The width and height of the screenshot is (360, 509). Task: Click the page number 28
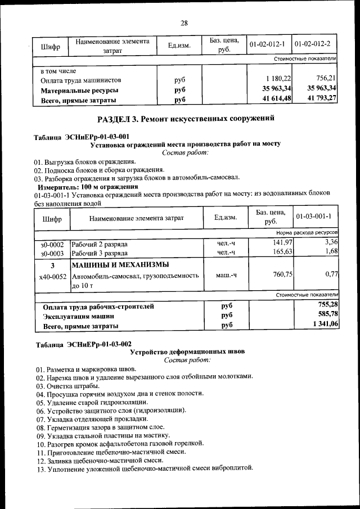(184, 23)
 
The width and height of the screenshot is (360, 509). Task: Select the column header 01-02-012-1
(268, 43)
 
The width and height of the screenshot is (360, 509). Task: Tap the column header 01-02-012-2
(315, 43)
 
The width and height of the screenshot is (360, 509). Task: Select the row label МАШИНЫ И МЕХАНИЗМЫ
(121, 265)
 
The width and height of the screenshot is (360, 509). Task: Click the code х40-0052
(53, 277)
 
